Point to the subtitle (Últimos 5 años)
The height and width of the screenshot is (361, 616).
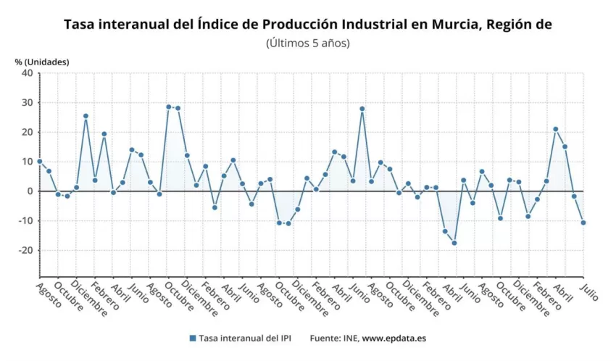pyautogui.click(x=308, y=43)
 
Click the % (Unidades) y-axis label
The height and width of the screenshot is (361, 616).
pyautogui.click(x=42, y=62)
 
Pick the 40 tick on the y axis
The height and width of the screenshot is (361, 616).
pyautogui.click(x=26, y=73)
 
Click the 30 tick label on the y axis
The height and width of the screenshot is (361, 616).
pyautogui.click(x=26, y=103)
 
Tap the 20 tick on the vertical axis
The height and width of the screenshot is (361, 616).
pyautogui.click(x=26, y=133)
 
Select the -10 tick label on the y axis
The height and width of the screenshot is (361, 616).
pyautogui.click(x=25, y=221)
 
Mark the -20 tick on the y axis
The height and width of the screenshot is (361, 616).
pyautogui.click(x=25, y=251)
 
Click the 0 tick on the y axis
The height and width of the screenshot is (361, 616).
pyautogui.click(x=29, y=191)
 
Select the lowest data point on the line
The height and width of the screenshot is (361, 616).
pyautogui.click(x=454, y=243)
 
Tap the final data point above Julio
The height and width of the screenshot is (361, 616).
pyautogui.click(x=583, y=223)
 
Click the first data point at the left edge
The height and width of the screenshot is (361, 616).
pyautogui.click(x=40, y=162)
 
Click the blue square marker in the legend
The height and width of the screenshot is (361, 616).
pyautogui.click(x=193, y=339)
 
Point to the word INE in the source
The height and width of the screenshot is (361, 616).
pyautogui.click(x=350, y=339)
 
